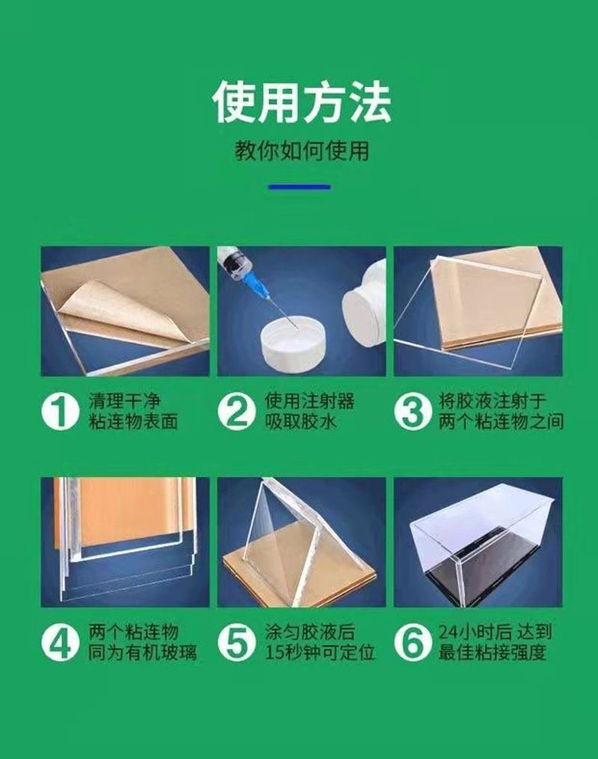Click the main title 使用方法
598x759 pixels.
302,103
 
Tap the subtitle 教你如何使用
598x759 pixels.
302,151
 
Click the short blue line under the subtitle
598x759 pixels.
299,187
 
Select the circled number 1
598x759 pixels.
60,412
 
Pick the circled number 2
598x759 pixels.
236,412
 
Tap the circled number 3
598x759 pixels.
413,412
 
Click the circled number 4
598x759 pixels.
60,643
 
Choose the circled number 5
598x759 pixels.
236,643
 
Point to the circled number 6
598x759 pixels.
413,643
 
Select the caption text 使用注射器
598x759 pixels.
309,401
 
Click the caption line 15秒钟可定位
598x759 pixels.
320,653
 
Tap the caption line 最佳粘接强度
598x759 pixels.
493,653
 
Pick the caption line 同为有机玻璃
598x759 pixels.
143,653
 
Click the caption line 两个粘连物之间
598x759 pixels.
502,421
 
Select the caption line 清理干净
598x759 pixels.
124,401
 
